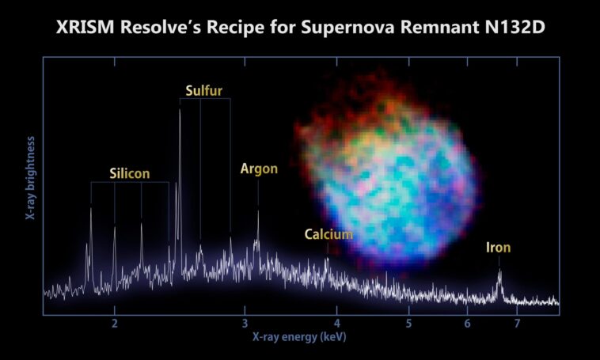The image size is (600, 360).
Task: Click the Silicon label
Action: [129, 173]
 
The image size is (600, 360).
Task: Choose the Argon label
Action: [259, 169]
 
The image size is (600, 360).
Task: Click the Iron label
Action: [499, 248]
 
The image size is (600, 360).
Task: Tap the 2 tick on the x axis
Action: [115, 324]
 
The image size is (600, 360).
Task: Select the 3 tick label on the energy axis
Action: [245, 324]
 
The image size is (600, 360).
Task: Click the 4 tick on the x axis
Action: [336, 324]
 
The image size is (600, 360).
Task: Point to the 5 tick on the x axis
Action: [408, 324]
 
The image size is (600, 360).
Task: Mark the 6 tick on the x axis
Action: [467, 324]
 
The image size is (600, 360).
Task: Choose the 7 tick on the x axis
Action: [517, 324]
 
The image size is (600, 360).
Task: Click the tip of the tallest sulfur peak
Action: [180, 110]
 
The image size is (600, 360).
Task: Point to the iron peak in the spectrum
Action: [499, 273]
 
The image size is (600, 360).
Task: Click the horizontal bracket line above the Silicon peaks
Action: [129, 183]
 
